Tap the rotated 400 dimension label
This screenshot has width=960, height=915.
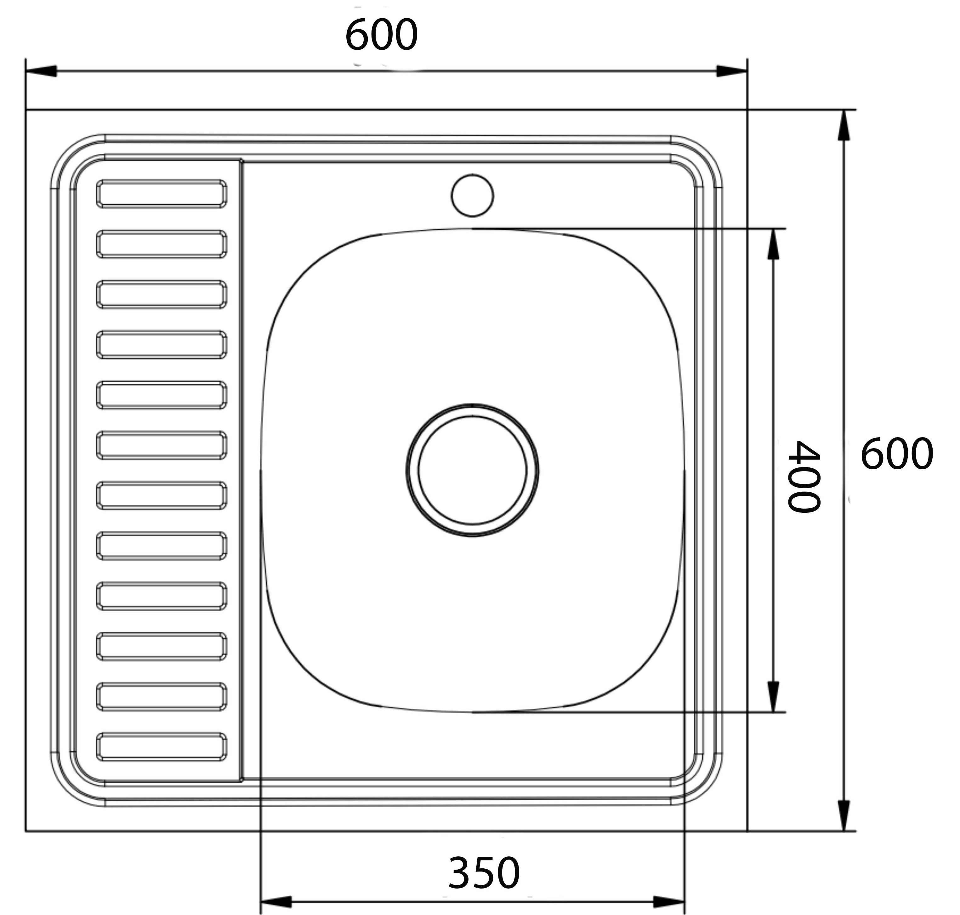tap(804, 477)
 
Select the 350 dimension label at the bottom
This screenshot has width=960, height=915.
tap(484, 873)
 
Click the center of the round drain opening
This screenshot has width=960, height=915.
tap(472, 470)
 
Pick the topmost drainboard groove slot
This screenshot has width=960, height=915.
tap(162, 194)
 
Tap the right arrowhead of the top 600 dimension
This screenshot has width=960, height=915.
tap(731, 71)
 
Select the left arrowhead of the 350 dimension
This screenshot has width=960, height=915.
tap(276, 902)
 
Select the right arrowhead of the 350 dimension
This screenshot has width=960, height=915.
tap(669, 902)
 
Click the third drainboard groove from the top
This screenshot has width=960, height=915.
tap(162, 294)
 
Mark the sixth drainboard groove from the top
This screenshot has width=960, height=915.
tap(162, 445)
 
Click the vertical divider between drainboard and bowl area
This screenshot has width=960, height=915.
tap(241, 468)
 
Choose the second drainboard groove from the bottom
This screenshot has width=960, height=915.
tap(162, 696)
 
